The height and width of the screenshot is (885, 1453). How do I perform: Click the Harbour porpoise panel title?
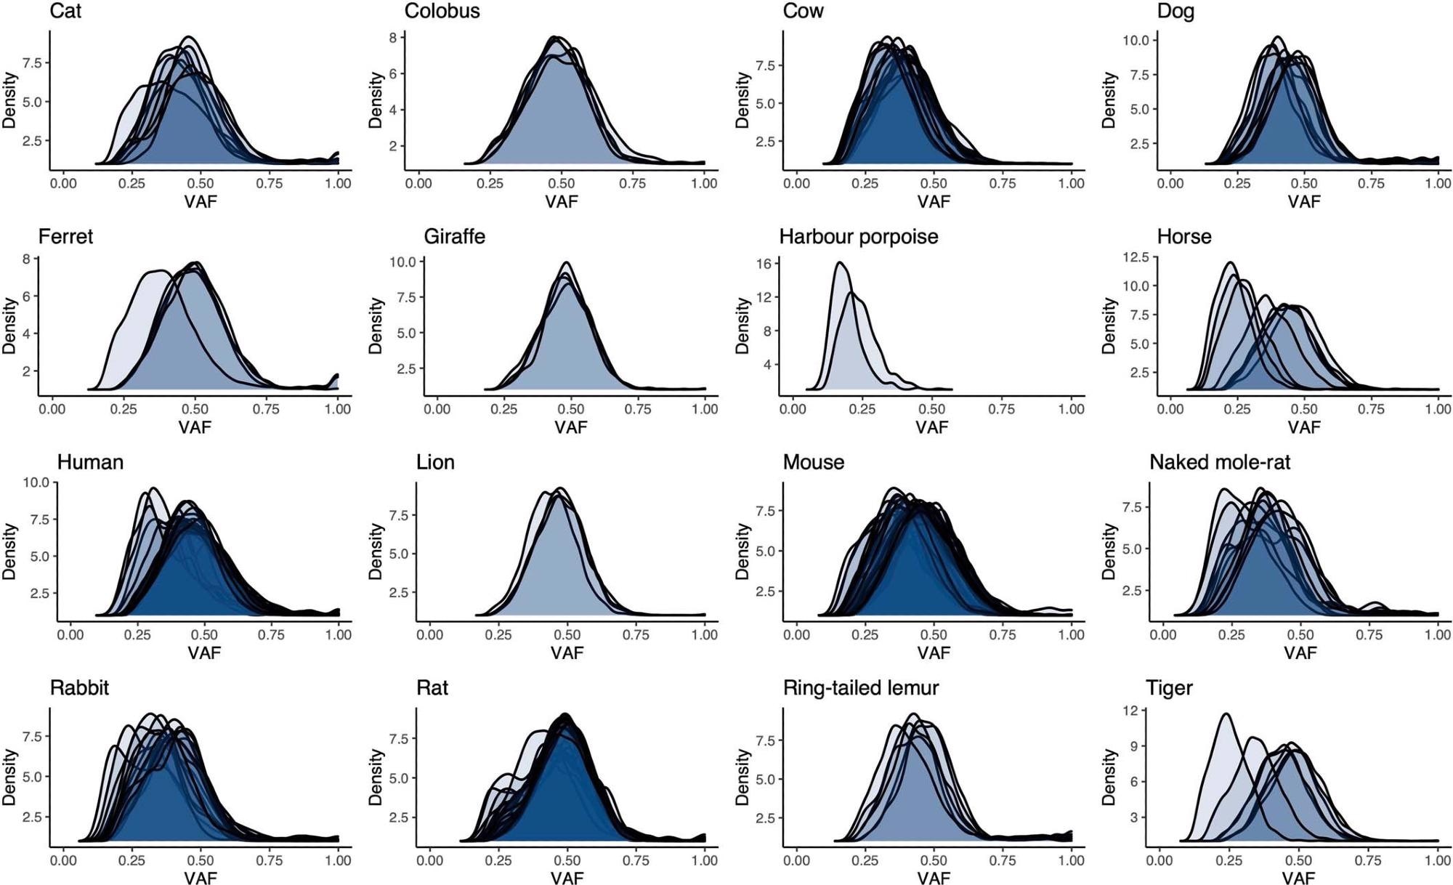tap(858, 237)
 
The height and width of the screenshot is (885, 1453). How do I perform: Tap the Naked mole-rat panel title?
tap(1219, 462)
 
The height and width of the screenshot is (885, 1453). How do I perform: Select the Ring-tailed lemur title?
tap(860, 687)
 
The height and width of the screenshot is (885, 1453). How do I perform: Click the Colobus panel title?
tap(442, 12)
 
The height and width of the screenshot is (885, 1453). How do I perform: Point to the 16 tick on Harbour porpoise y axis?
tap(763, 264)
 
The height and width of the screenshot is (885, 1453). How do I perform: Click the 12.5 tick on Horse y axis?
tap(1136, 257)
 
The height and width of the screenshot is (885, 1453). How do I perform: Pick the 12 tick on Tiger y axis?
tap(1130, 711)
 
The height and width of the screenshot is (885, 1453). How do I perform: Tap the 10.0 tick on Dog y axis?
tap(1136, 40)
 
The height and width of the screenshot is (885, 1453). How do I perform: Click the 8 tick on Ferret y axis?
tap(26, 259)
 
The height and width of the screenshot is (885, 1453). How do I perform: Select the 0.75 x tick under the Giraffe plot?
tap(638, 409)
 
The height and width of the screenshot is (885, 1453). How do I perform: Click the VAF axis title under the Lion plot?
tap(567, 652)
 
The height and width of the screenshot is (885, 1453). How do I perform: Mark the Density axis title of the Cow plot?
tap(742, 100)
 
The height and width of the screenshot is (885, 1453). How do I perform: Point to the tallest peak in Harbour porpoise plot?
tap(840, 263)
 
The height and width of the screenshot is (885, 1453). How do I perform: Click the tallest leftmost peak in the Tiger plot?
tap(1226, 714)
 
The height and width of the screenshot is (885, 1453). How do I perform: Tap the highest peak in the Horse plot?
tap(1230, 263)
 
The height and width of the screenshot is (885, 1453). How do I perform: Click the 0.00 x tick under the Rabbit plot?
tap(63, 860)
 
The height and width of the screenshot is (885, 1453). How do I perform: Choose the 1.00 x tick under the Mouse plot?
tap(1071, 634)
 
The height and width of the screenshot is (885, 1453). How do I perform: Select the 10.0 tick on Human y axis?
tap(36, 482)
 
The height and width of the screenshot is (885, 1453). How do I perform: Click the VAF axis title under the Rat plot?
tap(567, 878)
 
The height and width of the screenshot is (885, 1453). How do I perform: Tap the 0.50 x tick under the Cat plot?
tap(201, 183)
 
